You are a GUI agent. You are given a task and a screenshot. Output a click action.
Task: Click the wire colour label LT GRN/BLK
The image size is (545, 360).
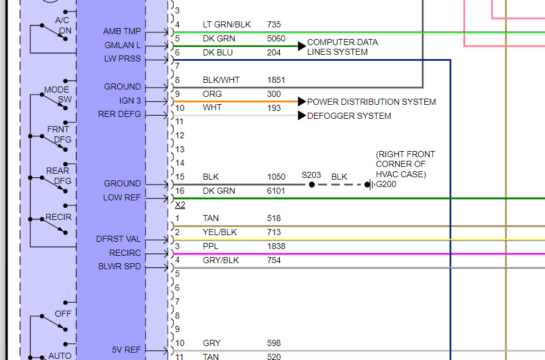pos(227,24)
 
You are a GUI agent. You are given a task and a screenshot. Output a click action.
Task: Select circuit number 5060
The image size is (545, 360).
pos(276,38)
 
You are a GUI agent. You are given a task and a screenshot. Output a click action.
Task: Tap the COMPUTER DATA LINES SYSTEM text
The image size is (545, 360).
pos(342,47)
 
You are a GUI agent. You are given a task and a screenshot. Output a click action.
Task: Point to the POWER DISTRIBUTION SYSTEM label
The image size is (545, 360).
pos(371,102)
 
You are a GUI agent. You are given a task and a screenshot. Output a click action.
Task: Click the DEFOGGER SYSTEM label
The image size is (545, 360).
pos(349,116)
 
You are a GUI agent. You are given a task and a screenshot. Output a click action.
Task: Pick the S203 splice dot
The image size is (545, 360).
pos(312,185)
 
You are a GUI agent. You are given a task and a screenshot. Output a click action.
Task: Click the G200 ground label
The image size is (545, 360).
pos(386,184)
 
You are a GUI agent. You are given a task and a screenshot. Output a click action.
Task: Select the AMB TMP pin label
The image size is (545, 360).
pos(122,31)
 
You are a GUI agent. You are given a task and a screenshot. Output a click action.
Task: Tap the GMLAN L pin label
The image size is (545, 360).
pos(123,45)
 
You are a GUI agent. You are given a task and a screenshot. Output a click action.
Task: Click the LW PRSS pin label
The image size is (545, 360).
pos(122,59)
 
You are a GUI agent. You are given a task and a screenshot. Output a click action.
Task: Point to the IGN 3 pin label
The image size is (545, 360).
pos(130,101)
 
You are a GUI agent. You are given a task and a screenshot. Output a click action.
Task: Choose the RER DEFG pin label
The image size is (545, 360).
pos(119,114)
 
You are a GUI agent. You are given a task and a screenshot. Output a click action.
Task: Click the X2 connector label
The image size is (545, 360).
pos(180,205)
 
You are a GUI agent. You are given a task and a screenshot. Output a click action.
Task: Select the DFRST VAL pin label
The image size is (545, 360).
pos(118,239)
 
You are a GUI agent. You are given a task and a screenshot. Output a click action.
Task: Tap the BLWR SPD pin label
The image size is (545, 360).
pos(119,266)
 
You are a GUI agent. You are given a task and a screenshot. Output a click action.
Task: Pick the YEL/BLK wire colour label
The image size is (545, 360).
pos(220,232)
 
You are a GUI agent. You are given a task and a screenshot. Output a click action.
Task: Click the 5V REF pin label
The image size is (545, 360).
pos(126,350)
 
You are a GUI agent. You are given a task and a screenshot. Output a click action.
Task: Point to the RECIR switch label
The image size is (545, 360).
pos(59,217)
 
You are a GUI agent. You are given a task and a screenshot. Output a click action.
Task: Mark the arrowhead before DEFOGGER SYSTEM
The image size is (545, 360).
pos(302,116)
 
